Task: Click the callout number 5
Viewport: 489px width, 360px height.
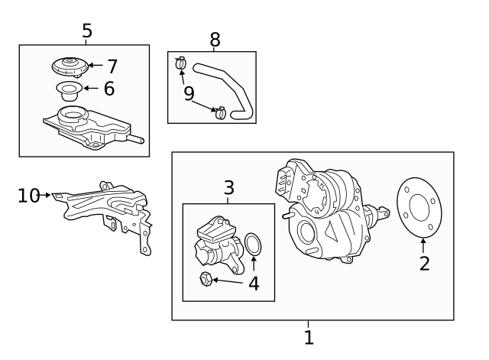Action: tap(87, 31)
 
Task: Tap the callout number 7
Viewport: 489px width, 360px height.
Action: tap(112, 66)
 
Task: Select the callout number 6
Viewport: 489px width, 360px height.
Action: tap(109, 89)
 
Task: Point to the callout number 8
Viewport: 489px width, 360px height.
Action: tap(215, 40)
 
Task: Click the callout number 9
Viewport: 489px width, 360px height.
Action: tap(189, 93)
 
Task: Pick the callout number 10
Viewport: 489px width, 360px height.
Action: tap(29, 196)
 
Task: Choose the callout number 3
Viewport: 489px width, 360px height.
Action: tap(228, 188)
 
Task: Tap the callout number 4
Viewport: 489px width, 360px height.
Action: tap(254, 284)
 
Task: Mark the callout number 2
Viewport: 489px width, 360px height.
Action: tap(425, 264)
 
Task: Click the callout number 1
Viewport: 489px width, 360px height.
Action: tap(309, 337)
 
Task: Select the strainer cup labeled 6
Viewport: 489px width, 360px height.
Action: tap(70, 90)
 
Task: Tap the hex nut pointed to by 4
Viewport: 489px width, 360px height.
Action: tap(206, 278)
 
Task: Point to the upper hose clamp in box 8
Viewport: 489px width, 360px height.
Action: tap(180, 63)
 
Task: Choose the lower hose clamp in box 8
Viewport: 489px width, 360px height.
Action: tap(221, 112)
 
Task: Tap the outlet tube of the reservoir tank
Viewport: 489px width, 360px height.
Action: tap(137, 139)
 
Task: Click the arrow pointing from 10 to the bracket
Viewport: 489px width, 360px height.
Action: tap(45, 195)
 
